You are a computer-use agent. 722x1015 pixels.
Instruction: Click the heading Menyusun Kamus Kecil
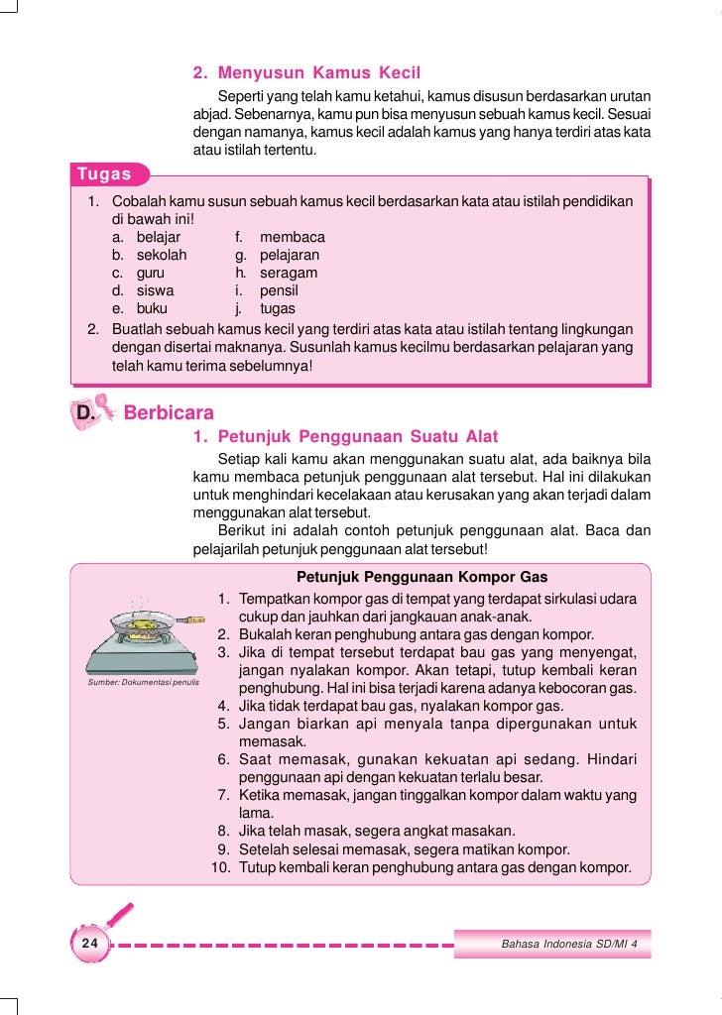pos(318,73)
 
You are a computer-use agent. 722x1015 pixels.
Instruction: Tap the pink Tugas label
pos(104,174)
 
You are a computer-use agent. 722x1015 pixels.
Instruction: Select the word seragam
pos(289,274)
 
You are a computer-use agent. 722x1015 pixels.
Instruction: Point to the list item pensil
pos(279,291)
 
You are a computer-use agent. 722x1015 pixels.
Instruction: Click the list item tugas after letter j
pos(278,309)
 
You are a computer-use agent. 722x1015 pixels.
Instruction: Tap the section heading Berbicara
pos(169,412)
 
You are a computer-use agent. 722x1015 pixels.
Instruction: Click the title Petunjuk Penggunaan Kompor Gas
pos(421,577)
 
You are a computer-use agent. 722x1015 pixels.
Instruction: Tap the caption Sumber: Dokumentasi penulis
pos(144,683)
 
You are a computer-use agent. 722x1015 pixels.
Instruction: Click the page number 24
pos(90,943)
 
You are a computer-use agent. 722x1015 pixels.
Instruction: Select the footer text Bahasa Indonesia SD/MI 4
pos(569,944)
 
